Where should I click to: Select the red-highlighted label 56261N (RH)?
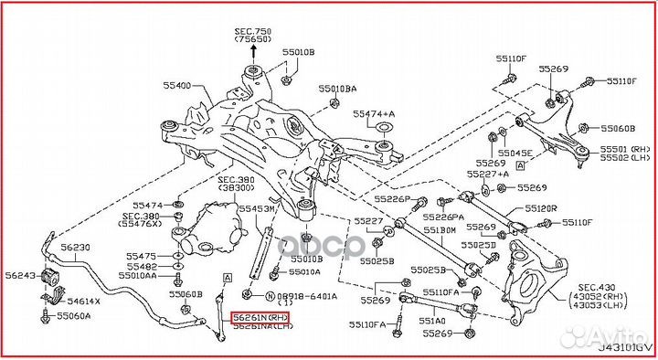point(260,318)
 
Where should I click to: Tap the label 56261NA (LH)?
point(260,328)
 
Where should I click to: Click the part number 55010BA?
point(337,89)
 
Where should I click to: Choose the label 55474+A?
point(375,113)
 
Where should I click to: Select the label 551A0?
point(433,321)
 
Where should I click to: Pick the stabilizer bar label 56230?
point(75,248)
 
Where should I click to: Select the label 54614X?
point(84,301)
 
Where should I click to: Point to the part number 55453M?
point(257,209)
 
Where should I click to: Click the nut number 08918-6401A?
point(308,297)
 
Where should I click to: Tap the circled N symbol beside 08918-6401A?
point(270,297)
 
